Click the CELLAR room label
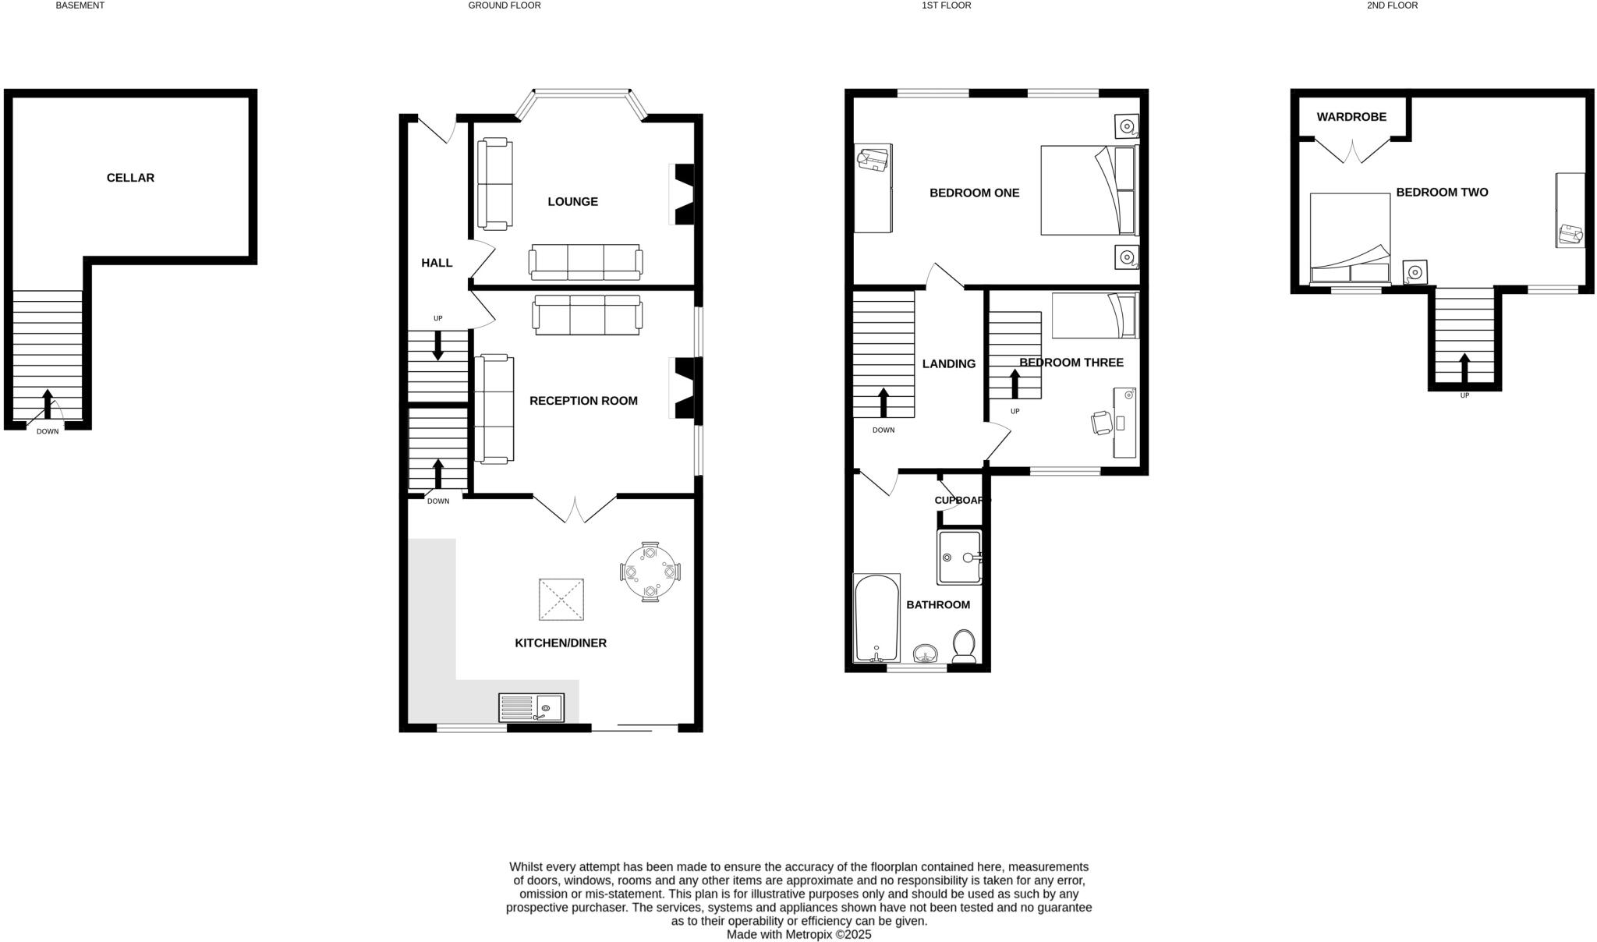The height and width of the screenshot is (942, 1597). click(130, 178)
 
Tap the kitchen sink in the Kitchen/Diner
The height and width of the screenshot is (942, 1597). click(531, 708)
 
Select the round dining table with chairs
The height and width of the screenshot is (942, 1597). click(650, 572)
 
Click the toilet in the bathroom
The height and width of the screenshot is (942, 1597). click(964, 646)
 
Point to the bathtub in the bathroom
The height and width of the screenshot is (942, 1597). click(877, 618)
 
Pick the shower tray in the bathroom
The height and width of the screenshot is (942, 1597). click(960, 558)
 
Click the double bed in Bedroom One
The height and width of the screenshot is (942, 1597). click(1089, 189)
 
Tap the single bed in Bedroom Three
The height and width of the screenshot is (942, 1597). click(1094, 315)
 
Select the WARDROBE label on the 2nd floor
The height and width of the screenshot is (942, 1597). click(1351, 117)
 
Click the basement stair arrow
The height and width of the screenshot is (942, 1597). click(48, 405)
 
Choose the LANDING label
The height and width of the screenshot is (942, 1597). click(949, 364)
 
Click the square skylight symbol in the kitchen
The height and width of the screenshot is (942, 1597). click(561, 600)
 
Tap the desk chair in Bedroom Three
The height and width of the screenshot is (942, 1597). click(1101, 423)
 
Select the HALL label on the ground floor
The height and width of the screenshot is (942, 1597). click(437, 263)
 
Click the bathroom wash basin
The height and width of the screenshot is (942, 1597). click(926, 653)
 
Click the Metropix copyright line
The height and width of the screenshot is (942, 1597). click(798, 934)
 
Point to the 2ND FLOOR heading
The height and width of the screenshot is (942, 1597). click(1392, 5)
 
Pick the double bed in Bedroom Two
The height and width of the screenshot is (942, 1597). click(1350, 238)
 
